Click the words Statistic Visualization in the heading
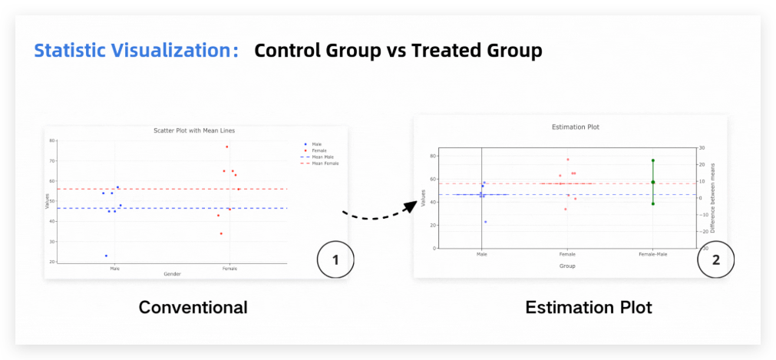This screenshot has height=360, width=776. coord(133,51)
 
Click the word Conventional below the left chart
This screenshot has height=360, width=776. coord(193,308)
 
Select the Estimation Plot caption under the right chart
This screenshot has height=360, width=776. coord(588,308)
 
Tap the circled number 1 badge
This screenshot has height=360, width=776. coord(335,260)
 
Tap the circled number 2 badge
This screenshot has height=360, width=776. coord(715,260)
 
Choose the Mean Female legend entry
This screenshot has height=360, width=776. coord(325,163)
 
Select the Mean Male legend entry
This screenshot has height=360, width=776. coord(324,157)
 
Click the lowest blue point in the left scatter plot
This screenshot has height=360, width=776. coord(106,256)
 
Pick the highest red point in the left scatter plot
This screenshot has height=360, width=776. coord(226,147)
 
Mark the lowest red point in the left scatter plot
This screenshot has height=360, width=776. coord(221,233)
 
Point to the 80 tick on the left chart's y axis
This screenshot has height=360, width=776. coord(51,140)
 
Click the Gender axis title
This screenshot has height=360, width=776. coord(172,274)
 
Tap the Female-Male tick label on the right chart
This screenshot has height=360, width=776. coord(652,253)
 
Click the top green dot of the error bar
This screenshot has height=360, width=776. coord(653,160)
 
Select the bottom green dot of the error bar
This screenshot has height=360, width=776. coord(653,203)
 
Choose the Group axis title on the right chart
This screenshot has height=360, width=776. coord(567,266)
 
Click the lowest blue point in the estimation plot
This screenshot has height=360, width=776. coord(485,222)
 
